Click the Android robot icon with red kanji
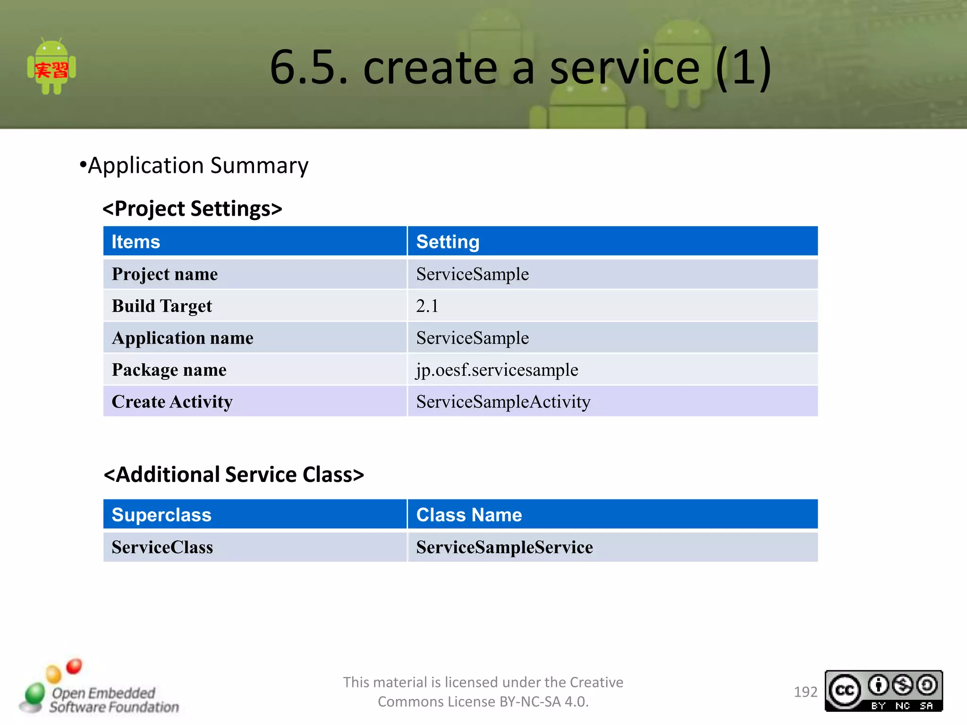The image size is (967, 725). point(51,67)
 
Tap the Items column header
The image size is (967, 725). point(136,242)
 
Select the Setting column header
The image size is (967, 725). point(448,242)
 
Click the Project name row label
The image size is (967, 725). point(165,274)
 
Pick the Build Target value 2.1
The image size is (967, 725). point(427,306)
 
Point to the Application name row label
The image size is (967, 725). point(182,338)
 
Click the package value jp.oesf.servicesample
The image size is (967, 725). point(497,370)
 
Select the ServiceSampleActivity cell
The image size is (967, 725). point(503,402)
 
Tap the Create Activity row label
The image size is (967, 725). point(172,402)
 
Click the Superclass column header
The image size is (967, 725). point(161,514)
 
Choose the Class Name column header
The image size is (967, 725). point(469,514)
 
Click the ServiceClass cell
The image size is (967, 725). point(162,547)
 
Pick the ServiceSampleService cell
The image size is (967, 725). point(504,547)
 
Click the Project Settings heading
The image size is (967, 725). point(193,209)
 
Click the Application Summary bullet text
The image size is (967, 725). point(197,166)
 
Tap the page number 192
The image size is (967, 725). point(805,692)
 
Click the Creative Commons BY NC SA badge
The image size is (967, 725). point(883,691)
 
